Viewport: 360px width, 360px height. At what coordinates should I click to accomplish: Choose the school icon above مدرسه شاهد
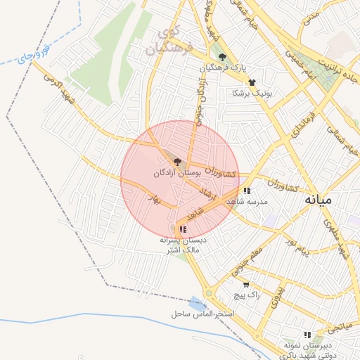[x=246, y=191]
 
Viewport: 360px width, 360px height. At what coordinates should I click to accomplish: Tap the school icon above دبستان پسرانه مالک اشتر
[x=183, y=229]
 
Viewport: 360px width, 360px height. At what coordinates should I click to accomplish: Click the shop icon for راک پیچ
[x=245, y=285]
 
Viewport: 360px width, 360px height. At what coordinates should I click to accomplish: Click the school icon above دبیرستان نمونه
[x=307, y=335]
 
